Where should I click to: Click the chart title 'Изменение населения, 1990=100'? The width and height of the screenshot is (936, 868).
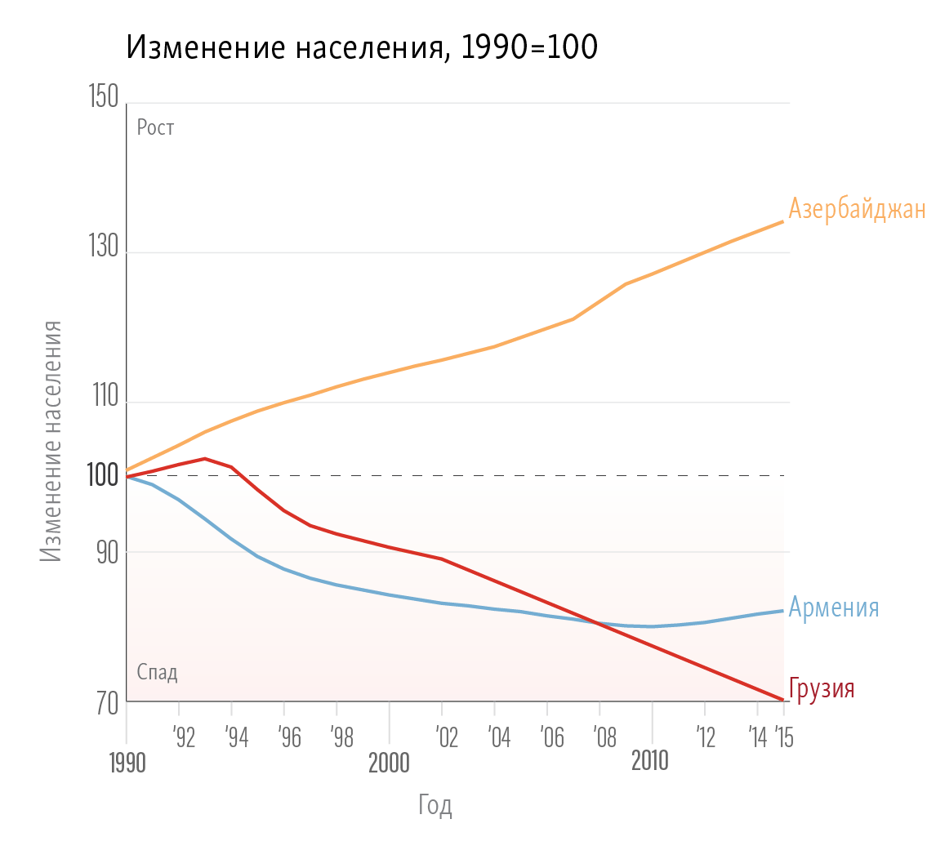pyautogui.click(x=362, y=48)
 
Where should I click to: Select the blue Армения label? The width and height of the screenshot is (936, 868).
pyautogui.click(x=833, y=608)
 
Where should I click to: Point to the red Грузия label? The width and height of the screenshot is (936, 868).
pyautogui.click(x=822, y=688)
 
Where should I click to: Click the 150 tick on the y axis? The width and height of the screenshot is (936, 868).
pyautogui.click(x=101, y=100)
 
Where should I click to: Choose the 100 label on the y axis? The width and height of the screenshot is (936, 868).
pyautogui.click(x=101, y=474)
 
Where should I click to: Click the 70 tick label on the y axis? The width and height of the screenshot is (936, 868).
pyautogui.click(x=105, y=701)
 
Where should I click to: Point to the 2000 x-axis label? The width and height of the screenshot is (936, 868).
pyautogui.click(x=389, y=763)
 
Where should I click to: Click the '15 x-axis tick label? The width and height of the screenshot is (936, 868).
pyautogui.click(x=785, y=738)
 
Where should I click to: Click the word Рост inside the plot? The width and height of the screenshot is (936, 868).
pyautogui.click(x=155, y=127)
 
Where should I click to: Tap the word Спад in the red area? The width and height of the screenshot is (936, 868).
pyautogui.click(x=157, y=672)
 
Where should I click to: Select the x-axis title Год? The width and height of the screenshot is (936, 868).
pyautogui.click(x=435, y=806)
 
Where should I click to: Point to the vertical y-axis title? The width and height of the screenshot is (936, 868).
pyautogui.click(x=51, y=441)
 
